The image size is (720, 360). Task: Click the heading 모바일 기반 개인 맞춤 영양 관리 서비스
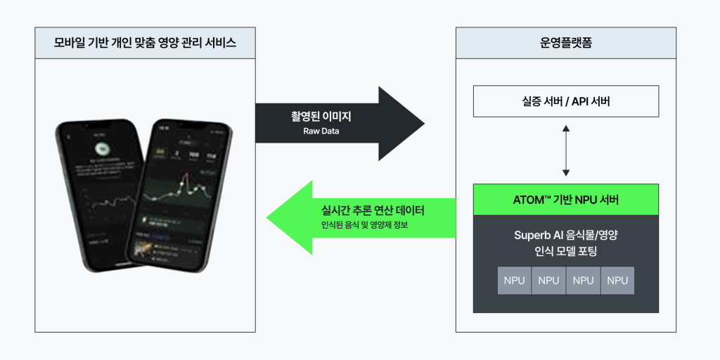pyautogui.click(x=145, y=44)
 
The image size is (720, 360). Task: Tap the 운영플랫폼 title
pyautogui.click(x=565, y=44)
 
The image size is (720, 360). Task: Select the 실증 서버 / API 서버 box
pyautogui.click(x=565, y=101)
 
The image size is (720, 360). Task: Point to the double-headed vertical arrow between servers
pyautogui.click(x=565, y=150)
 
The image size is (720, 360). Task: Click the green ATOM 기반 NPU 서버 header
pyautogui.click(x=565, y=200)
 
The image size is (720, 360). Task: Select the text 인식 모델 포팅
pyautogui.click(x=565, y=252)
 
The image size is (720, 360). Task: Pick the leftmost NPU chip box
pyautogui.click(x=514, y=281)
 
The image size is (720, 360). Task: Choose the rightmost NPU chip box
pyautogui.click(x=617, y=281)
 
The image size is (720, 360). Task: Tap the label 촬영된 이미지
pyautogui.click(x=321, y=116)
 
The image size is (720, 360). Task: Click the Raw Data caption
pyautogui.click(x=321, y=131)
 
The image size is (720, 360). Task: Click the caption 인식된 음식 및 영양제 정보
pyautogui.click(x=364, y=225)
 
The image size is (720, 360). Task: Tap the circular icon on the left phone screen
pyautogui.click(x=103, y=148)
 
